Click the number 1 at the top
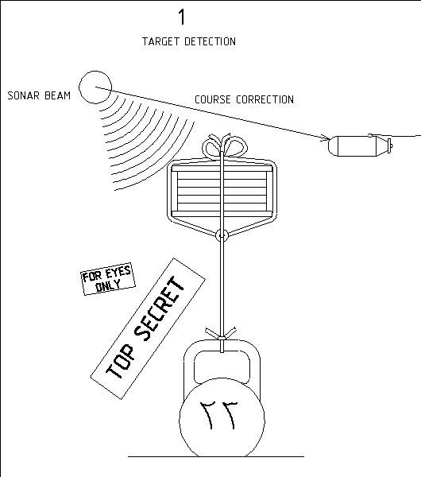point(182,17)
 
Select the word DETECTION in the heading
point(210,41)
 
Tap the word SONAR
point(24,96)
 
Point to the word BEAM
point(58,96)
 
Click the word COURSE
point(212,99)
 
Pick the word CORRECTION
point(265,99)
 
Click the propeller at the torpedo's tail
point(390,146)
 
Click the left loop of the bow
point(212,149)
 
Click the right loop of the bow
point(236,148)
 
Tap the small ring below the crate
point(222,235)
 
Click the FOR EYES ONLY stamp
point(108,279)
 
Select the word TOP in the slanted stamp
point(120,362)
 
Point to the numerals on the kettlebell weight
point(218,415)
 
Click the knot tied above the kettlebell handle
point(222,335)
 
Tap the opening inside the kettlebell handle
point(222,366)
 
